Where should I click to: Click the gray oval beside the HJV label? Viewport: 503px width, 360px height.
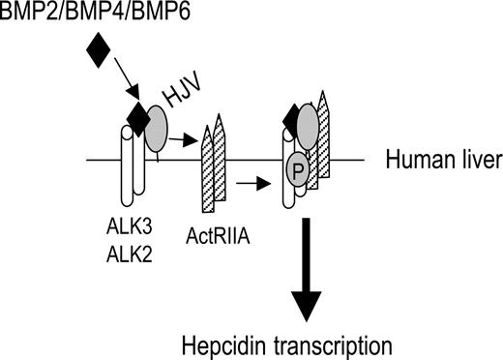click(157, 126)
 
